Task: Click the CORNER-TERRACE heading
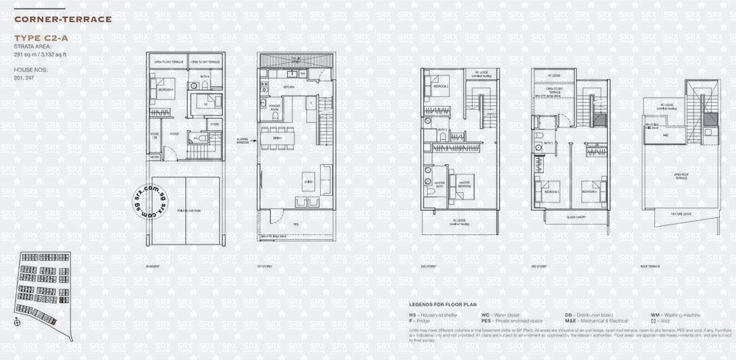[x=62, y=18]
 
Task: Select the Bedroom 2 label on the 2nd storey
[x=440, y=86]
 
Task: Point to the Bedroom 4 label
[x=590, y=191]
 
